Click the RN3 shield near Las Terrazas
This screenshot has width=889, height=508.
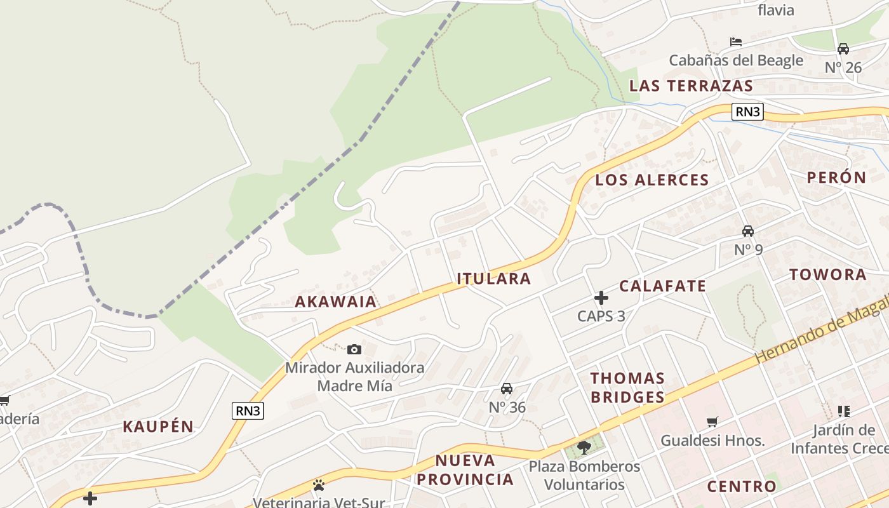click(747, 112)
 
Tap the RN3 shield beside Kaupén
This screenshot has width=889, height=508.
click(248, 411)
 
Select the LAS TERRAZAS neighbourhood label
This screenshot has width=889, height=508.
click(691, 86)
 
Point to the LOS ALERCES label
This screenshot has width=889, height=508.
click(652, 180)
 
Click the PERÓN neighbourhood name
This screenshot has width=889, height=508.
click(836, 178)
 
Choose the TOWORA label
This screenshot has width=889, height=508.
click(827, 274)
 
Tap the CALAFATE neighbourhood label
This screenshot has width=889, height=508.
click(662, 286)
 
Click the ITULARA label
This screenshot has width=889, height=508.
click(493, 278)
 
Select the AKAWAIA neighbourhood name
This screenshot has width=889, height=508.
click(335, 302)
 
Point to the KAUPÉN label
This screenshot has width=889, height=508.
click(158, 426)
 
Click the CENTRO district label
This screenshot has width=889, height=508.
click(741, 486)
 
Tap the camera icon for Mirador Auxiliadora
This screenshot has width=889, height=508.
click(354, 349)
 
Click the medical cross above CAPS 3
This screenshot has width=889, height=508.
click(601, 297)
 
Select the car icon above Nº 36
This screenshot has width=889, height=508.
click(507, 389)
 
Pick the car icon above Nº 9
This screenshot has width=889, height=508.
click(748, 231)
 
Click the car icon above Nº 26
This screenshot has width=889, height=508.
click(843, 49)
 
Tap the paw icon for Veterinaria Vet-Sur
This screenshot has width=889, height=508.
click(319, 485)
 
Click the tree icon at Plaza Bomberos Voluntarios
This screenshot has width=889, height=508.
click(584, 448)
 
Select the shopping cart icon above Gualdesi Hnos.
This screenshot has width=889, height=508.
click(712, 422)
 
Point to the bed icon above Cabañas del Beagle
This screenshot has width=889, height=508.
click(736, 42)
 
